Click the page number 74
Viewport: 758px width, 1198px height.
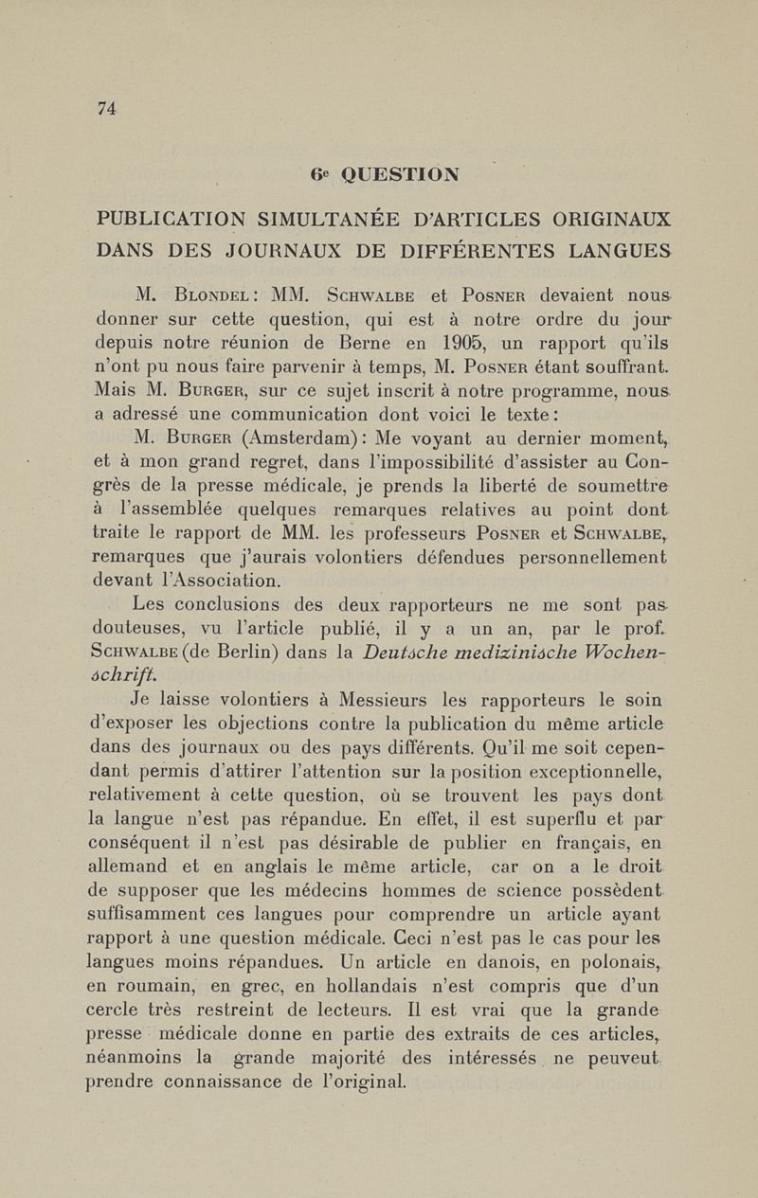pyautogui.click(x=106, y=109)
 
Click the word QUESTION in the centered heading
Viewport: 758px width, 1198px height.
pyautogui.click(x=400, y=174)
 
